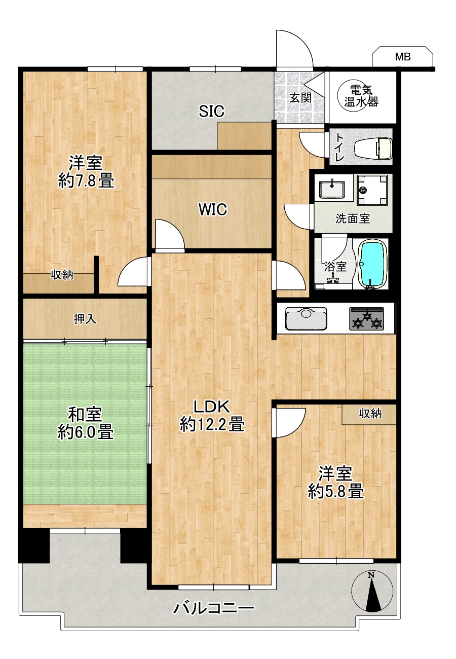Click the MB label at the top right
tap(402, 56)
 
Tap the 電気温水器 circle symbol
tap(361, 96)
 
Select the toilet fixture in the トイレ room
tap(373, 148)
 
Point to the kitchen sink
tap(306, 319)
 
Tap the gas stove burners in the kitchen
tap(367, 318)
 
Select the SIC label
tap(212, 111)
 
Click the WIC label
tap(213, 209)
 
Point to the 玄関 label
tap(300, 98)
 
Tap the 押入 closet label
tap(85, 319)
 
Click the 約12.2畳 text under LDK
tap(212, 424)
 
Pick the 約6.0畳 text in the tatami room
tap(85, 432)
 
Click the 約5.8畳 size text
tap(336, 491)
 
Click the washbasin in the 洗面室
tap(332, 188)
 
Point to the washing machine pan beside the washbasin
tap(372, 190)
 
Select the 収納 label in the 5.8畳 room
tap(370, 414)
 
